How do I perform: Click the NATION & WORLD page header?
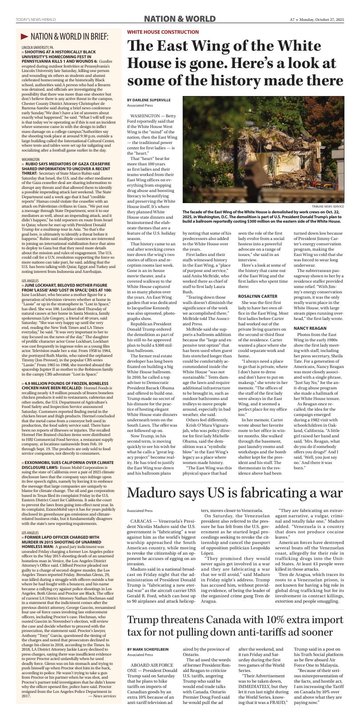coord(180,19)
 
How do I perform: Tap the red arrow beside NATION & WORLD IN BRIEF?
coord(25,36)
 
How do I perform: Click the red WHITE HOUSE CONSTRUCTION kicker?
coord(163,32)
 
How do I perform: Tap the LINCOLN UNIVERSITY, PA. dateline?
coord(38,47)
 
